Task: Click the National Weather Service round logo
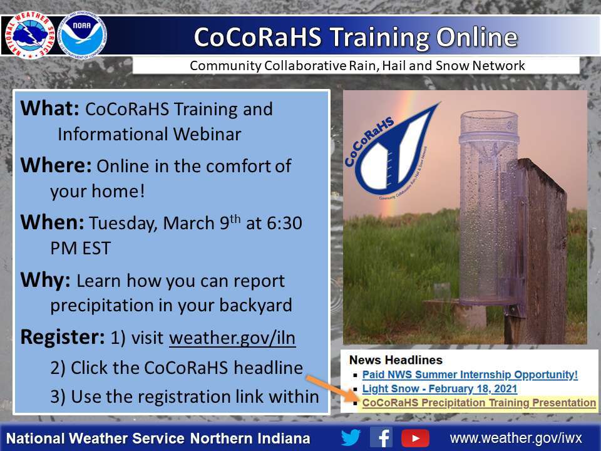[x=30, y=35]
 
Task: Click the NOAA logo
[x=82, y=35]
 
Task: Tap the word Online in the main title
[x=477, y=37]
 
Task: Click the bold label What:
[x=49, y=108]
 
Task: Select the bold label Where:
[x=56, y=165]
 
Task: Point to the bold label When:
[x=52, y=222]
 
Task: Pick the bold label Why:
[x=45, y=281]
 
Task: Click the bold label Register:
[x=62, y=338]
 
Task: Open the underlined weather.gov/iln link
[x=232, y=338]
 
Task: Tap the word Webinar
[x=207, y=134]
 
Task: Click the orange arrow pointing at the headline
[x=332, y=389]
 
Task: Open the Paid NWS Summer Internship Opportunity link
[x=470, y=375]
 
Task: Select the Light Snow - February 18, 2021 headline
[x=439, y=389]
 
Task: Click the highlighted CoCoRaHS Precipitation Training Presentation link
[x=479, y=403]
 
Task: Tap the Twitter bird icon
[x=351, y=438]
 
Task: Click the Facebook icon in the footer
[x=381, y=438]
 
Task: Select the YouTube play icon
[x=415, y=438]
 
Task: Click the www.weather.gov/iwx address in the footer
[x=516, y=438]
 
